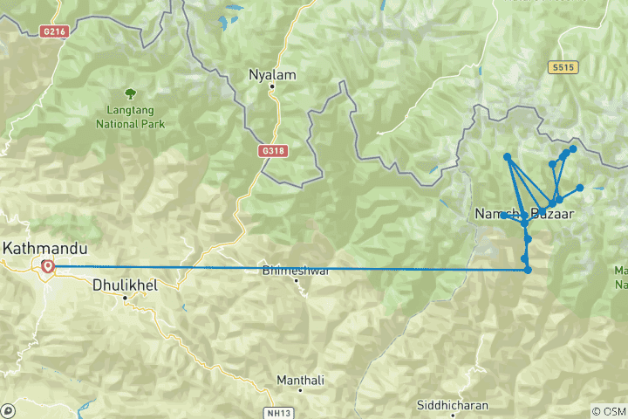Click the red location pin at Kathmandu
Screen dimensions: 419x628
pyautogui.click(x=46, y=266)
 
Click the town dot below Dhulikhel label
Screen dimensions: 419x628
pyautogui.click(x=125, y=298)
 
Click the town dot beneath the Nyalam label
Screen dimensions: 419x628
pyautogui.click(x=272, y=86)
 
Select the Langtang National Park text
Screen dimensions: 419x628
pyautogui.click(x=130, y=117)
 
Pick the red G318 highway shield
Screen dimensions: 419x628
pyautogui.click(x=273, y=150)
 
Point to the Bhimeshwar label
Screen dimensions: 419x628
pyautogui.click(x=296, y=271)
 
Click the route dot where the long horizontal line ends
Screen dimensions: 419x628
pyautogui.click(x=529, y=270)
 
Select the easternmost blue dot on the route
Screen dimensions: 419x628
pyautogui.click(x=580, y=188)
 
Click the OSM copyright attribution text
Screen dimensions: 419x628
pyautogui.click(x=608, y=411)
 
